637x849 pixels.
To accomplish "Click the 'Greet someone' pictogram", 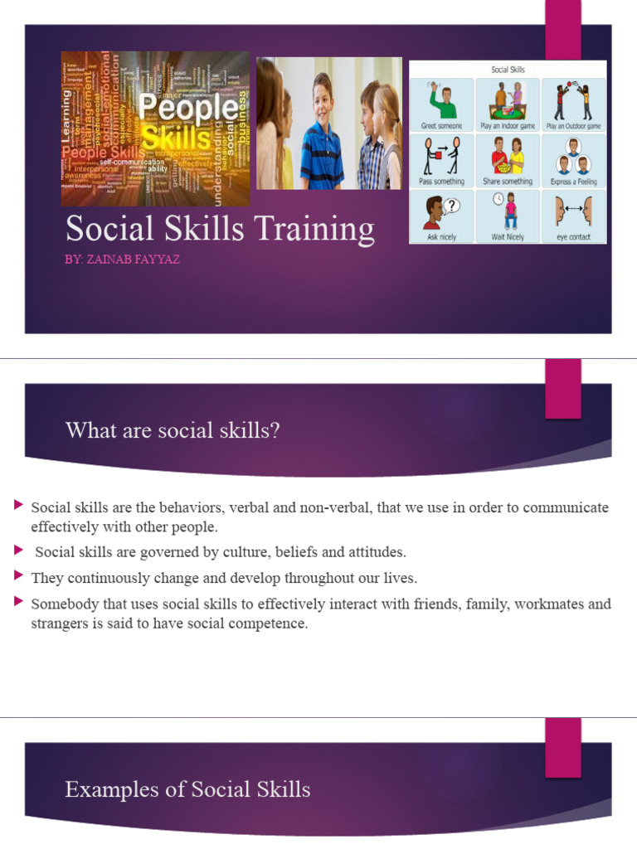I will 441,104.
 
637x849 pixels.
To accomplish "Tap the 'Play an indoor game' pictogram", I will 508,104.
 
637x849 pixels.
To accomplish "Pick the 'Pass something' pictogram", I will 441,159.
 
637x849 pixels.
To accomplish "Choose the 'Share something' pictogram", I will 508,159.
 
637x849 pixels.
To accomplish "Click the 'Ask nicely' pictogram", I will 441,215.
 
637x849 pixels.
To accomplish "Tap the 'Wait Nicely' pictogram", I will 508,215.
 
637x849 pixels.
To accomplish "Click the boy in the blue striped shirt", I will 322,137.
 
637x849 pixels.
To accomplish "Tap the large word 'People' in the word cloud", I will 187,108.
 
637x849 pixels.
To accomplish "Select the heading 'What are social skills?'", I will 173,430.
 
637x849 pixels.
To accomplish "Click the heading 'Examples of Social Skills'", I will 187,789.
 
